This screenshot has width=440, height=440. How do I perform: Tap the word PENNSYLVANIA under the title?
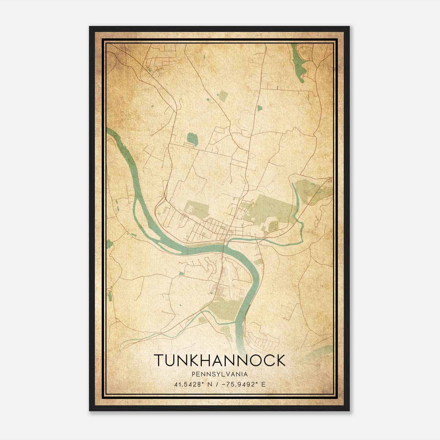[x=220, y=374]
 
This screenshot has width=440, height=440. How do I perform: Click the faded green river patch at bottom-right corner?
[x=322, y=351]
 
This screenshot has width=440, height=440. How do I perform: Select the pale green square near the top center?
[x=223, y=96]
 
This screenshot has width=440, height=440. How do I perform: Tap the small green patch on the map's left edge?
[x=109, y=244]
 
